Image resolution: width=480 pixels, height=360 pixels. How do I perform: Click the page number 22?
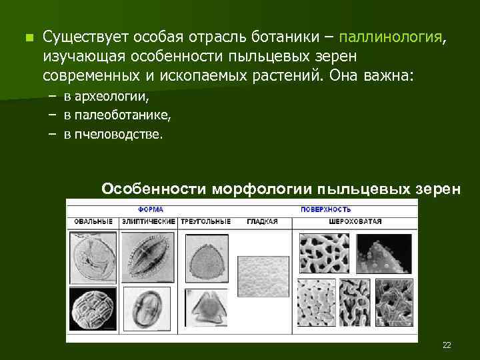(446, 345)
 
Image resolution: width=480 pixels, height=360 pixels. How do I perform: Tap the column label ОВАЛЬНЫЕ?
(92, 221)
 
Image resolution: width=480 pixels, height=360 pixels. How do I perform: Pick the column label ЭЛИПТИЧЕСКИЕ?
(149, 221)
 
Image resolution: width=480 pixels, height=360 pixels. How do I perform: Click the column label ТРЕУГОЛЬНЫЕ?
(205, 221)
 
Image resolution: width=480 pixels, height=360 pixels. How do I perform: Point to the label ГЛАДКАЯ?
(261, 221)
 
